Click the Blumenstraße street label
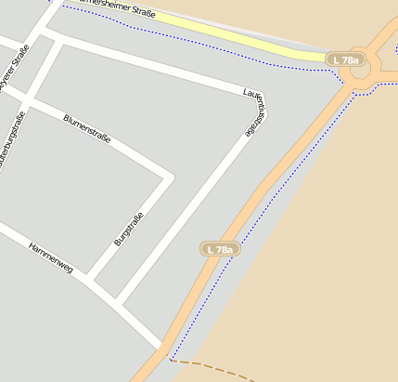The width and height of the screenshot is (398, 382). [87, 128]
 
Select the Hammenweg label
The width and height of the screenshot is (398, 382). [50, 257]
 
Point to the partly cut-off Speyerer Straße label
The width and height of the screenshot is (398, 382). [11, 71]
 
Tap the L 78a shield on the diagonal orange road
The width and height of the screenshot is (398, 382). [221, 249]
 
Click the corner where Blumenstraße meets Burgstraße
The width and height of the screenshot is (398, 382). [168, 177]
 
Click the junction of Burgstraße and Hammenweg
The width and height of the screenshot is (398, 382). [93, 278]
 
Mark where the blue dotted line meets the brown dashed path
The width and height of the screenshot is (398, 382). [171, 359]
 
